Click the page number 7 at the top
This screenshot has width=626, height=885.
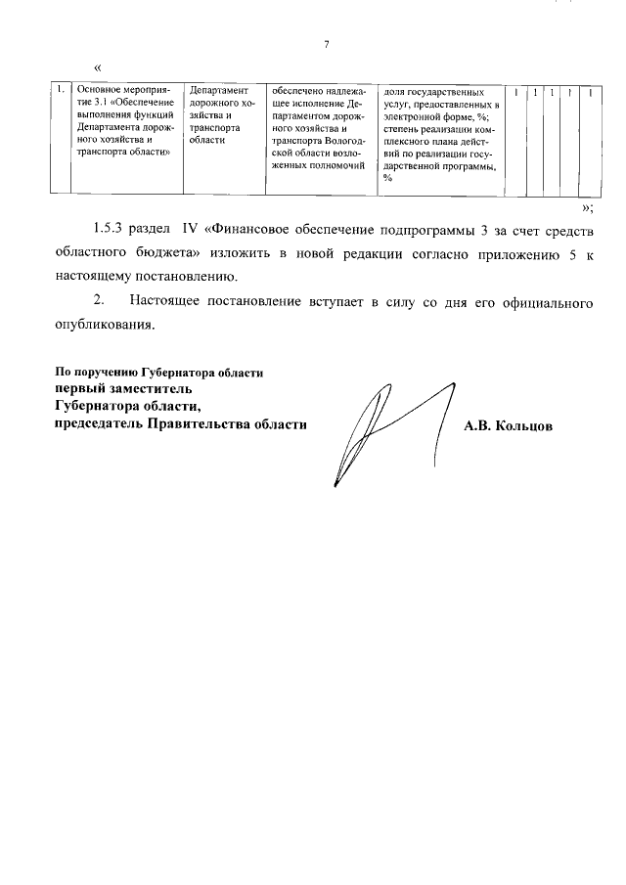click(x=327, y=44)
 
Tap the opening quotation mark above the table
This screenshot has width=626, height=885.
click(x=97, y=67)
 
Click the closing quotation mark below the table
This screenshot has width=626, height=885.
click(x=585, y=207)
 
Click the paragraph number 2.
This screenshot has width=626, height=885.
click(x=98, y=303)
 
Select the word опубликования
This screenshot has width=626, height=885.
click(x=104, y=326)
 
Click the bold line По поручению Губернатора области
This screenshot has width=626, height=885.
click(x=159, y=374)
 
